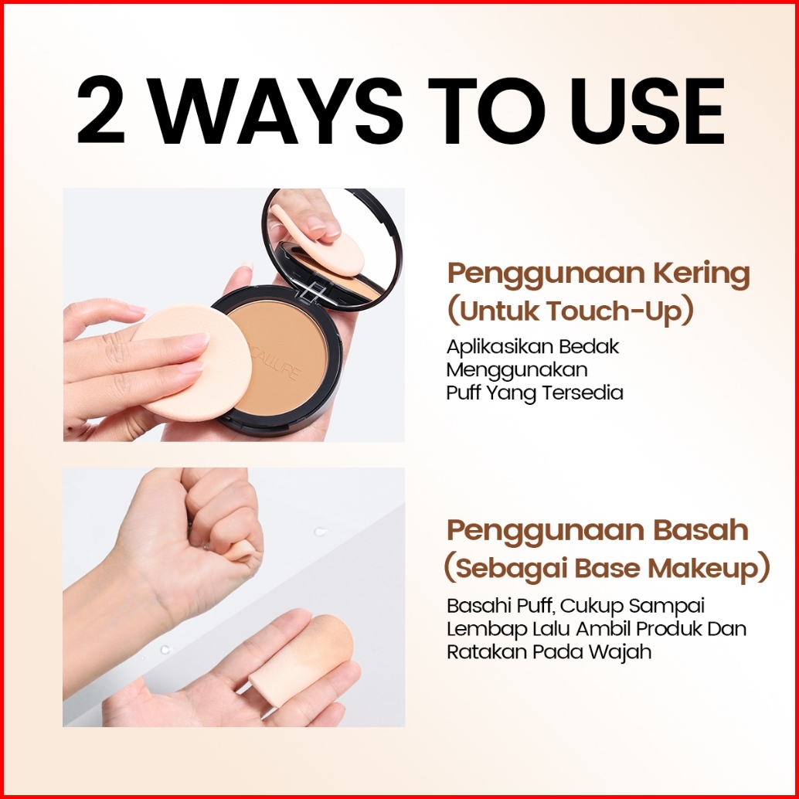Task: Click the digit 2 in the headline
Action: [101, 110]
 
